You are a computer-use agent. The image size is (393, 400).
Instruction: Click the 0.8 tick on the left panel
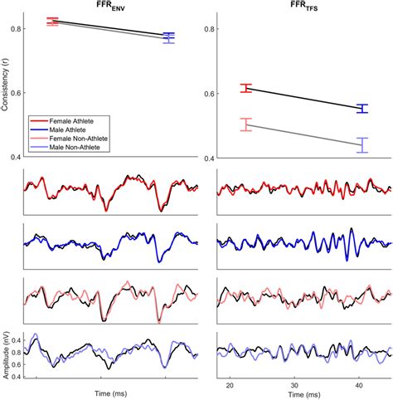tap(13, 29)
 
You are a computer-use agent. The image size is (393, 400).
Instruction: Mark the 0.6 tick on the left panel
tap(13, 93)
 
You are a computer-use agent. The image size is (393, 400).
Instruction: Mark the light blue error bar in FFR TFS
tap(361, 145)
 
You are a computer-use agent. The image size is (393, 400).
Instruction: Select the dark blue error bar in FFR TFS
tap(361, 108)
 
